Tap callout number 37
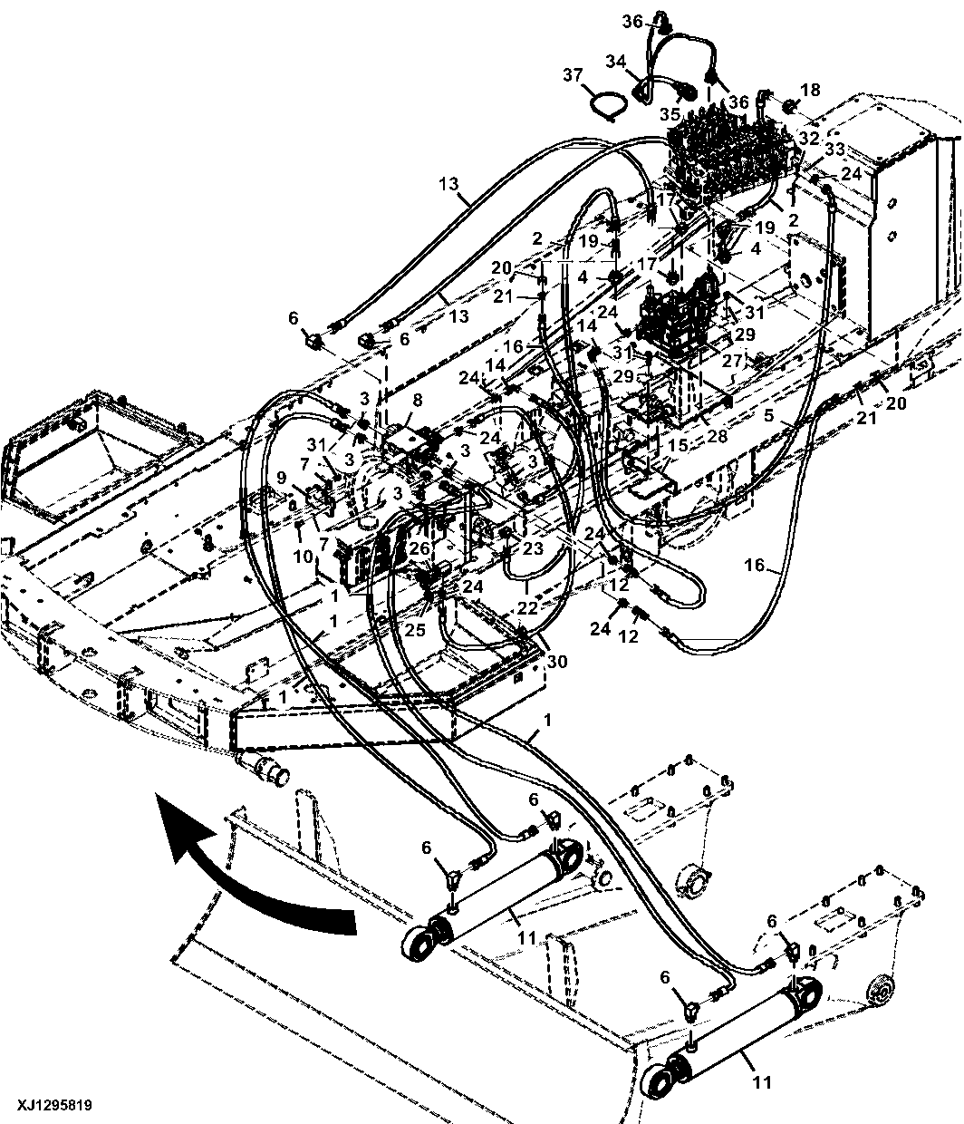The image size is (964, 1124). coord(573,74)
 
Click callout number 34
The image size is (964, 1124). coord(616,62)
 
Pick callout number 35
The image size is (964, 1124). coord(670,115)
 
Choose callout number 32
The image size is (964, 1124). coord(808,138)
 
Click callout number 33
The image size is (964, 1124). coord(835,149)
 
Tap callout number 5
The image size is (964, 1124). coord(768,415)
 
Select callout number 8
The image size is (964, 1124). coord(417,401)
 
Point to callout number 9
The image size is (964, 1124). coord(281,478)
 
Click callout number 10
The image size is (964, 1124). coord(304,557)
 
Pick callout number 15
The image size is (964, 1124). coord(678,445)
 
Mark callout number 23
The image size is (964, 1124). coord(533,548)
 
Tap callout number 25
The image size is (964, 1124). coord(415,630)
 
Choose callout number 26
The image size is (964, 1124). coord(419,548)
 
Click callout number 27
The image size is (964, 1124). coord(732,361)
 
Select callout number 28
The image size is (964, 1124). coord(717,435)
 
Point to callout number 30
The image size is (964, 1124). coord(557,661)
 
